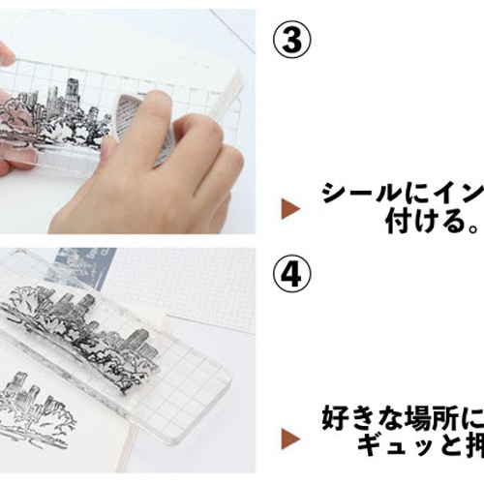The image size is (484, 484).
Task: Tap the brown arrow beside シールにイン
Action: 287,207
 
